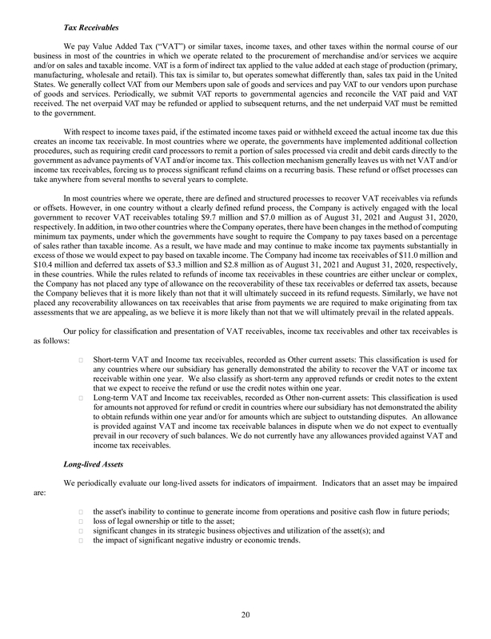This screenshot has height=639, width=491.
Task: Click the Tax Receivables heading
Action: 90,29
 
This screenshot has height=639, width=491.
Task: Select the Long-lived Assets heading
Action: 93,463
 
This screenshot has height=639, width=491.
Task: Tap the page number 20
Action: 245,614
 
